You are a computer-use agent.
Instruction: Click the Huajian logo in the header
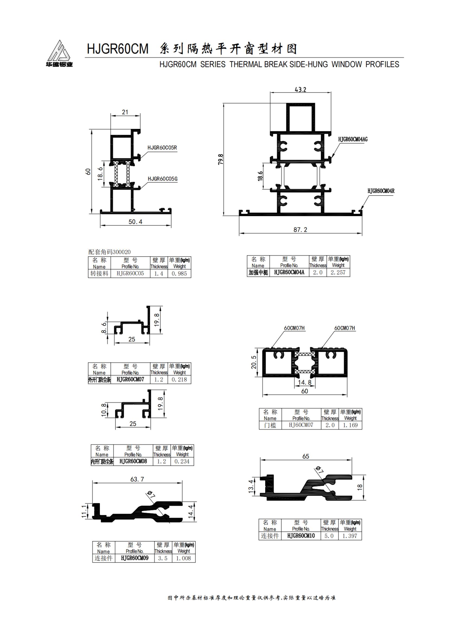pos(59,54)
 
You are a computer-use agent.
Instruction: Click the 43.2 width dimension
pos(300,89)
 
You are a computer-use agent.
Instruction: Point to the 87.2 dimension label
pos(300,230)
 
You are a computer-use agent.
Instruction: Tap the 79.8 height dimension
pos(221,159)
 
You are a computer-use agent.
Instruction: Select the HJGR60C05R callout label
pos(162,148)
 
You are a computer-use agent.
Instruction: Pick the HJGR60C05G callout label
pos(162,179)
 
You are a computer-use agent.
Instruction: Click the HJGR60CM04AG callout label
pos(353,139)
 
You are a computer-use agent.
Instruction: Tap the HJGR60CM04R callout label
pos(381,191)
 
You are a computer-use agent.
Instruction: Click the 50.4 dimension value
pos(135,222)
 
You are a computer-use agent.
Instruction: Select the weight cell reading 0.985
pos(179,274)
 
